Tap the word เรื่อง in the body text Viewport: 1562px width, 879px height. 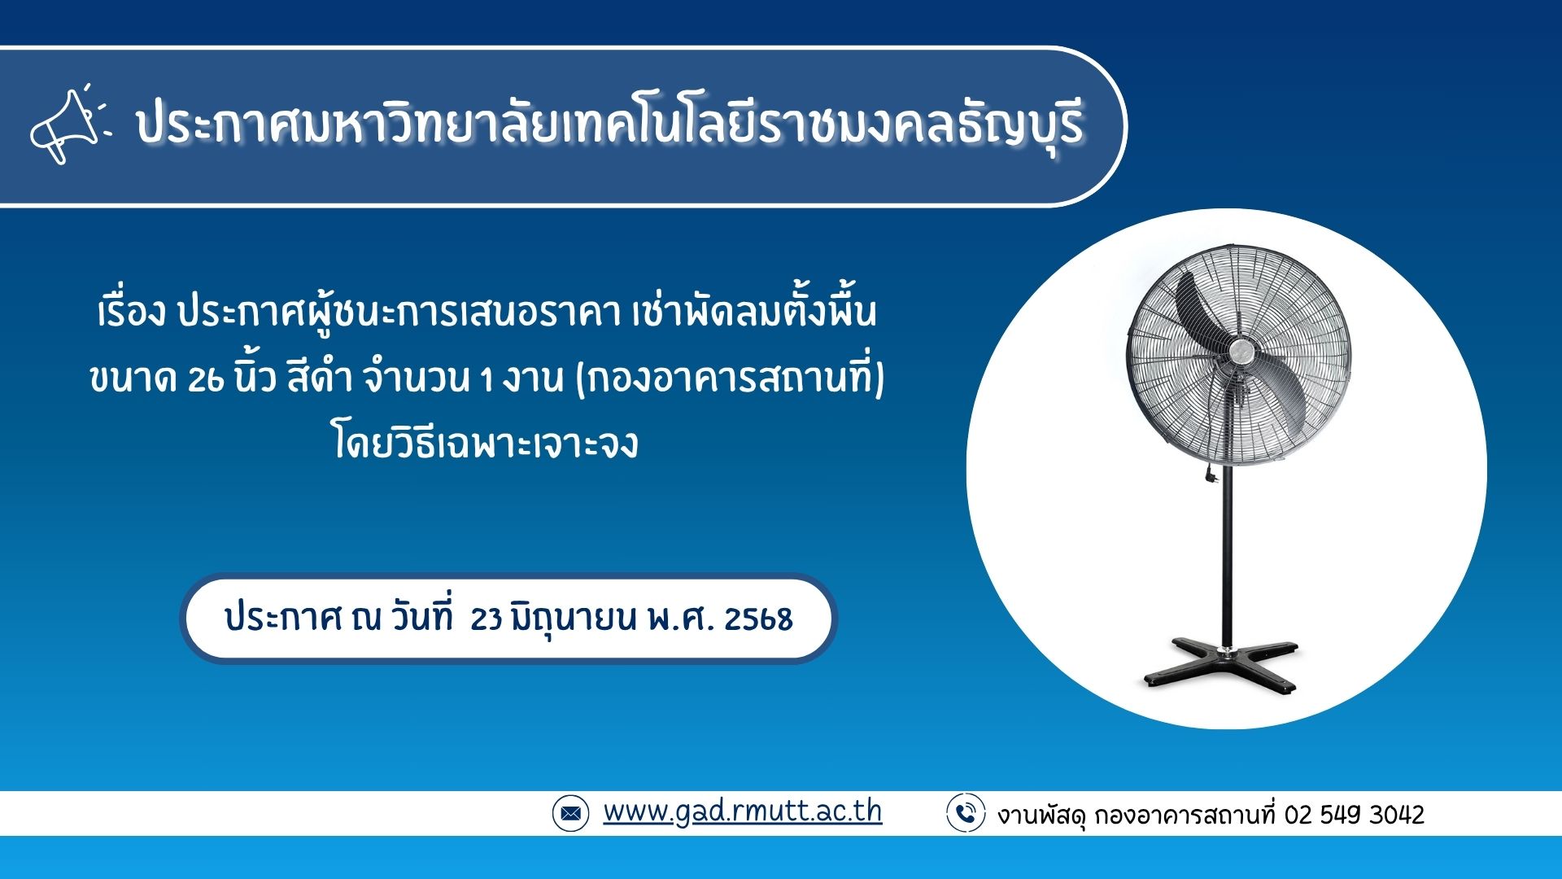click(132, 312)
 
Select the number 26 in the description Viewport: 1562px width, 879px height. click(206, 379)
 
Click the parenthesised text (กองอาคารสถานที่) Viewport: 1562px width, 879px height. click(730, 377)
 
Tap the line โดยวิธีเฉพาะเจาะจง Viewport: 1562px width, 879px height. click(486, 444)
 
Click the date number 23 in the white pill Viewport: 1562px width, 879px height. click(486, 619)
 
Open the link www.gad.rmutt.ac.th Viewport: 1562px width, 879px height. click(742, 811)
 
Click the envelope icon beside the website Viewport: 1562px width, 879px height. click(570, 813)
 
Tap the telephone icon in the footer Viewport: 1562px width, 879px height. click(966, 813)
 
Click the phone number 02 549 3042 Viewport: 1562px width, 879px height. click(1355, 815)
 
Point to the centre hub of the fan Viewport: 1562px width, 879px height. click(1241, 352)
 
